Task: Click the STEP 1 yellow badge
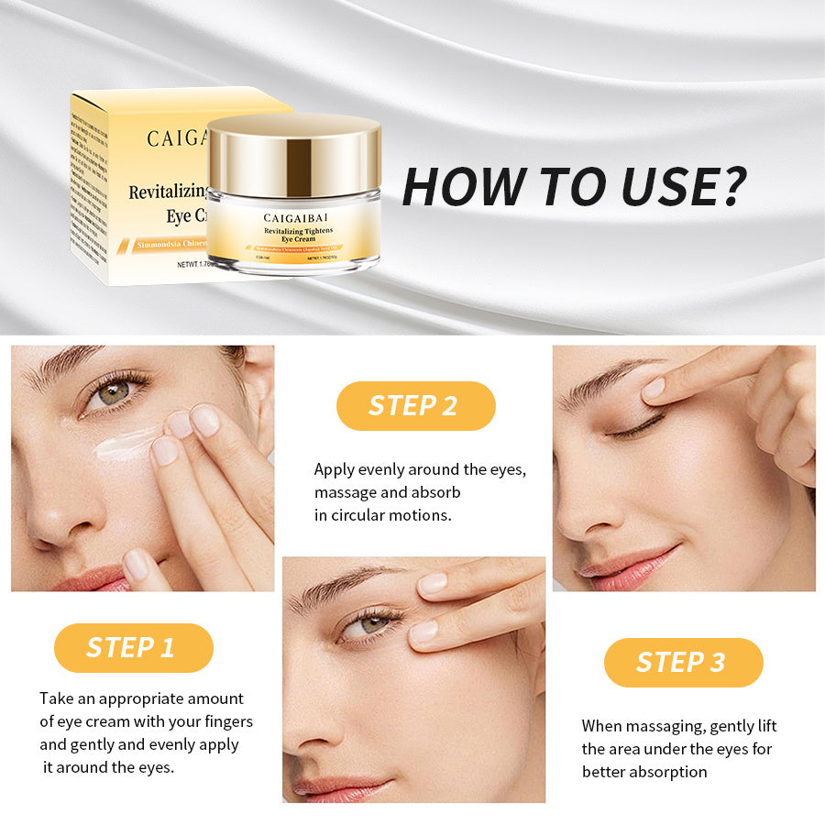click(133, 648)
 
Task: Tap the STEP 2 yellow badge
click(415, 406)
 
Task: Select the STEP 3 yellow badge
click(683, 663)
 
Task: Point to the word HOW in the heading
click(456, 187)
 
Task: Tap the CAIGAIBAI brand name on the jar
click(291, 217)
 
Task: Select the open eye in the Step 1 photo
click(114, 392)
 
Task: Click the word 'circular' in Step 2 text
click(368, 515)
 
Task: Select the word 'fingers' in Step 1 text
click(223, 721)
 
